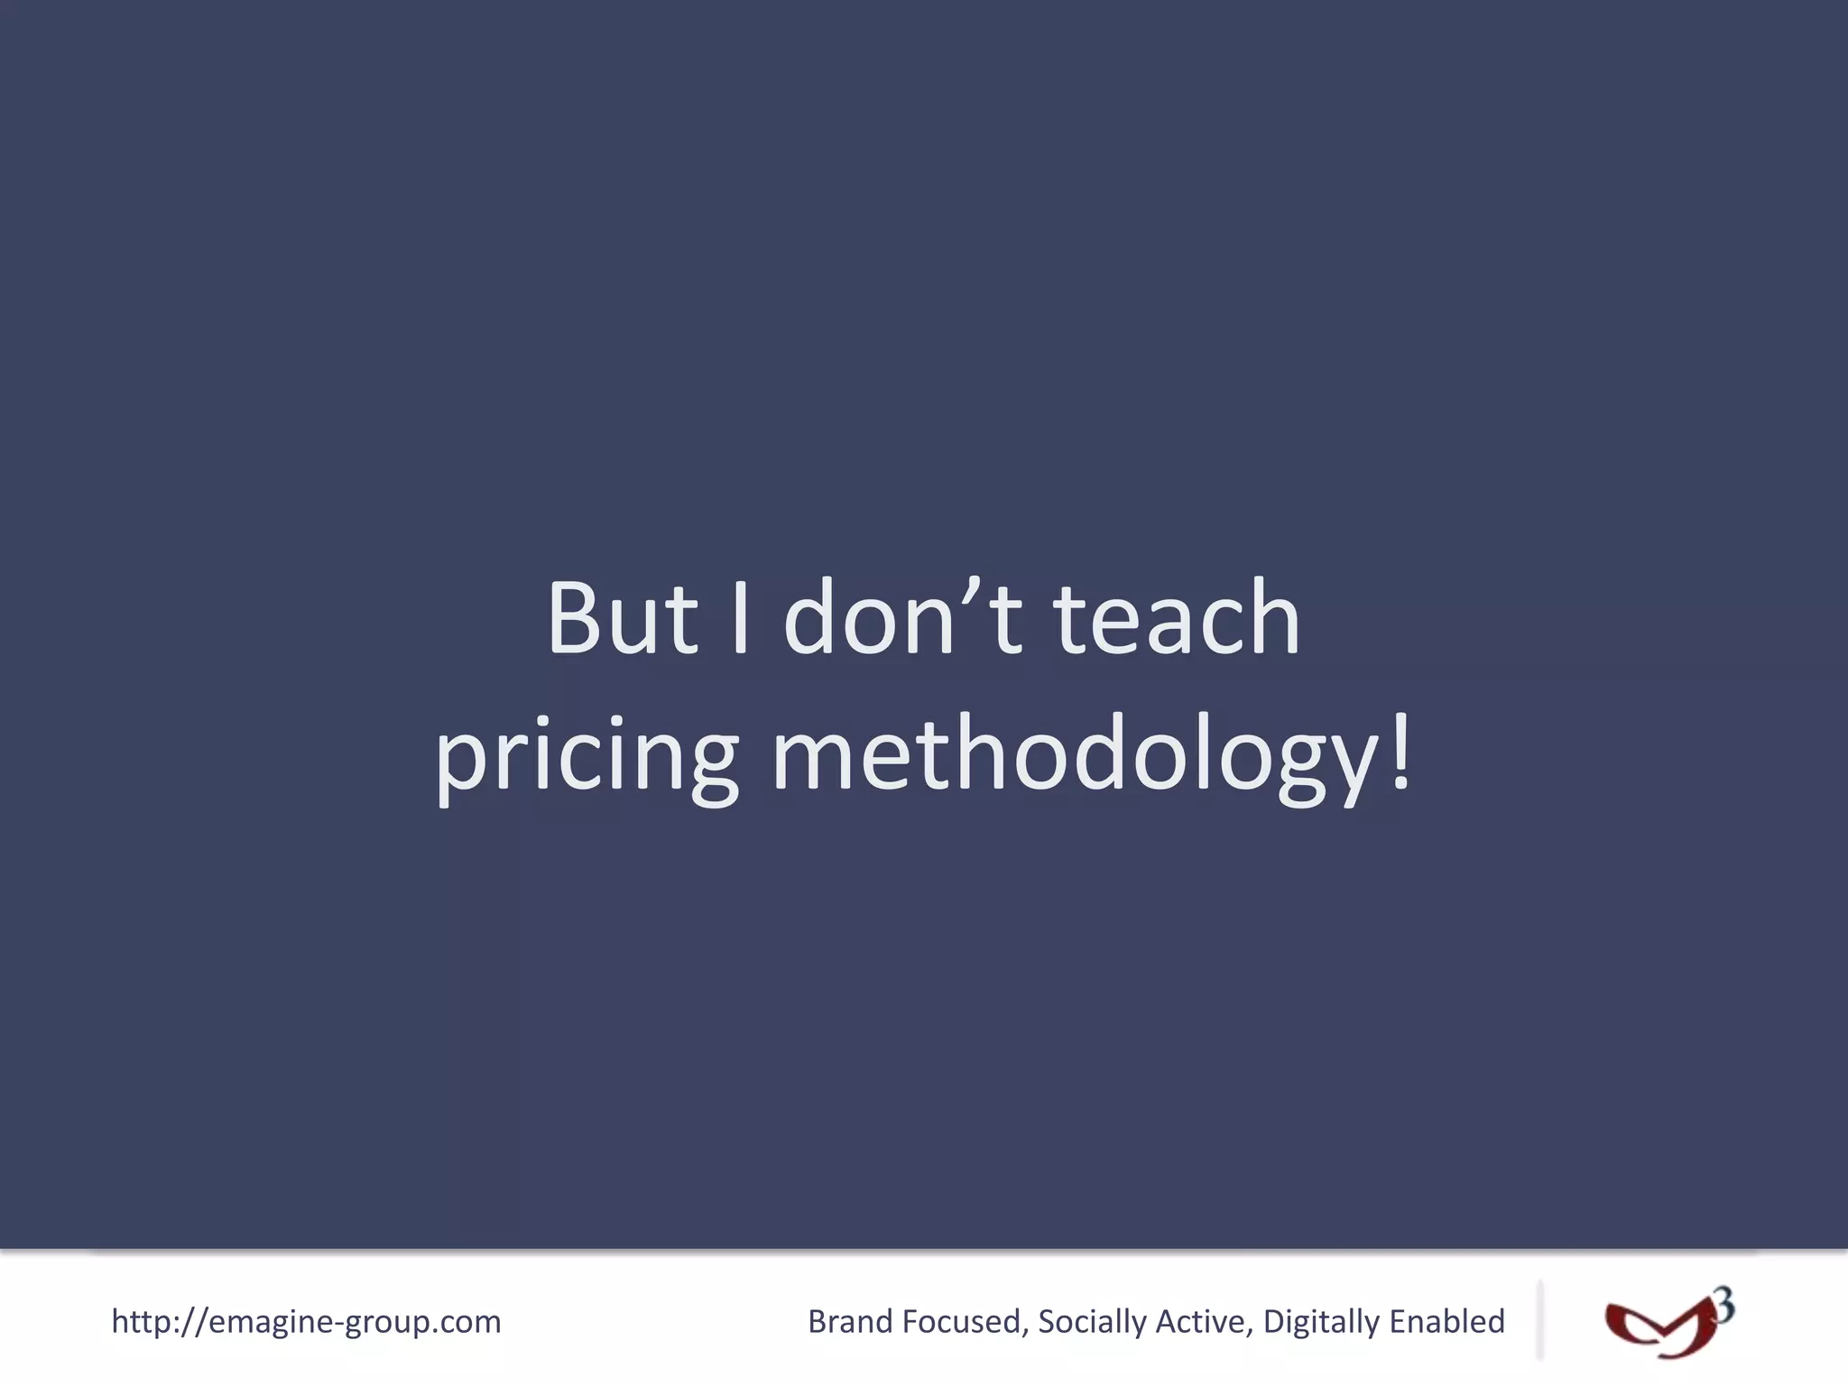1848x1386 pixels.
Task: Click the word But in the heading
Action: point(622,619)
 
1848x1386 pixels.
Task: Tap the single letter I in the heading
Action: point(741,619)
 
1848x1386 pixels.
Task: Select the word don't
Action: point(902,619)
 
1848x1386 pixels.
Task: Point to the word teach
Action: point(1177,619)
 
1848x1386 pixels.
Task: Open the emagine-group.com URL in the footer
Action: point(306,1322)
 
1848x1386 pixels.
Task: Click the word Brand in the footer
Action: point(849,1322)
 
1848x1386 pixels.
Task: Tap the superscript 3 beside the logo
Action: point(1723,1305)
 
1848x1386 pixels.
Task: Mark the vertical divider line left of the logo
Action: point(1539,1319)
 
